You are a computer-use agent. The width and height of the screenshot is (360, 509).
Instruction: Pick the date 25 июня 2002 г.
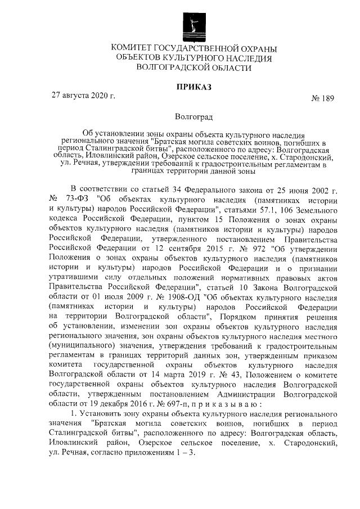point(304,189)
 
